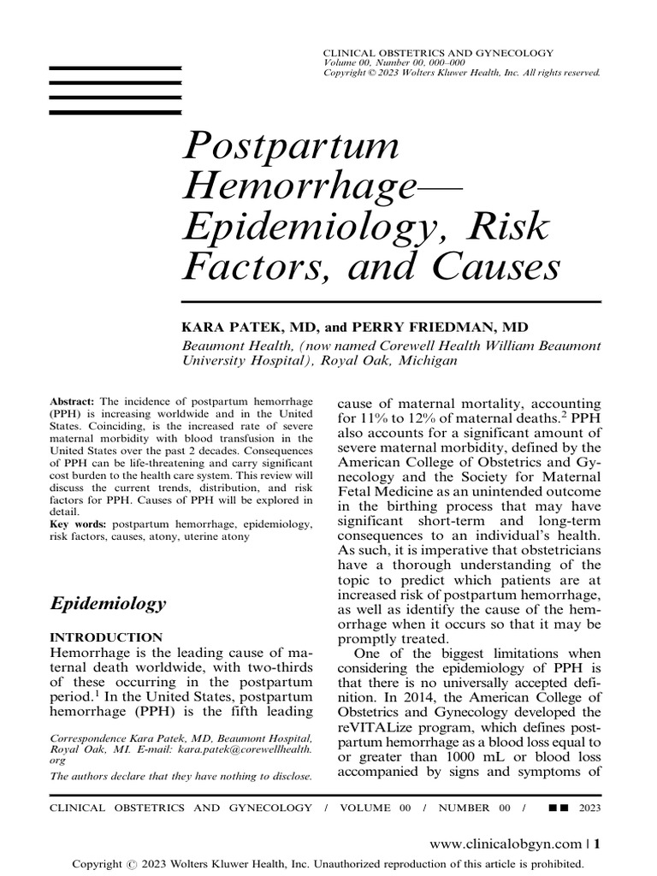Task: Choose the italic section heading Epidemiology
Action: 109,603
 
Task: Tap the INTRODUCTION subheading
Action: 108,637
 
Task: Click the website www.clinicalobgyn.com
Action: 506,843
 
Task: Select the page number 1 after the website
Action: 597,843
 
